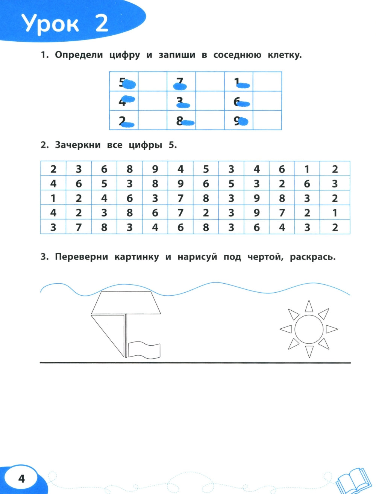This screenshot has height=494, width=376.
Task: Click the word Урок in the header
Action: pyautogui.click(x=50, y=24)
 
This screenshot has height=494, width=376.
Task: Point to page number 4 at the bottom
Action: pyautogui.click(x=21, y=478)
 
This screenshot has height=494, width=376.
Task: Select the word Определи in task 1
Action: pyautogui.click(x=79, y=55)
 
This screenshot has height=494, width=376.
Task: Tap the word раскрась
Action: pyautogui.click(x=312, y=257)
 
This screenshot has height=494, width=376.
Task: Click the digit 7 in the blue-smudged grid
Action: pyautogui.click(x=180, y=82)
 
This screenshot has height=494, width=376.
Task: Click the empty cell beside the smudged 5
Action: pyautogui.click(x=152, y=82)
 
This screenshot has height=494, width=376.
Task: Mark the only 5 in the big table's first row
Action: pyautogui.click(x=206, y=169)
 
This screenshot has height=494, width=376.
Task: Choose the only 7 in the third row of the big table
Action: pyautogui.click(x=180, y=198)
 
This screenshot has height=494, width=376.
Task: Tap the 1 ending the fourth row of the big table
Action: pyautogui.click(x=335, y=213)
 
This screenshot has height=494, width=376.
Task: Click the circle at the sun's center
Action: pyautogui.click(x=309, y=329)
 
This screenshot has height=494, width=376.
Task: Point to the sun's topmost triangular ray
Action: pyautogui.click(x=309, y=307)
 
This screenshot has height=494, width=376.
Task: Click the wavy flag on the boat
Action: pyautogui.click(x=144, y=350)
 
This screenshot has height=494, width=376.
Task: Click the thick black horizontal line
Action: pyautogui.click(x=195, y=363)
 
